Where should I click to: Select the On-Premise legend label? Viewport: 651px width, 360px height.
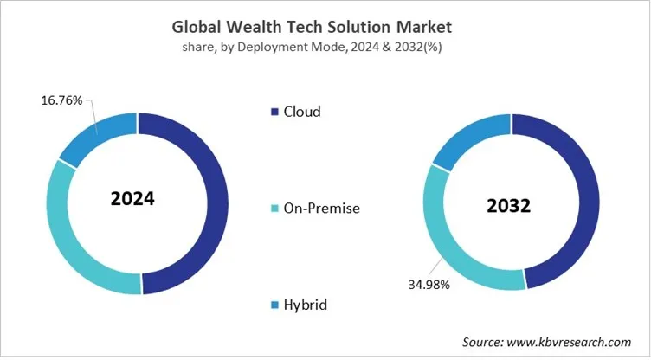pyautogui.click(x=322, y=208)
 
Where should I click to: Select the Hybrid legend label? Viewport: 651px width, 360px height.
pyautogui.click(x=308, y=305)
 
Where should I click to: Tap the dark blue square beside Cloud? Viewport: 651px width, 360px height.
pyautogui.click(x=276, y=112)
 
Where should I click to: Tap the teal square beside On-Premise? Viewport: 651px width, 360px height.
pyautogui.click(x=276, y=209)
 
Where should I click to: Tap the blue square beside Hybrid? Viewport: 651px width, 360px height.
pyautogui.click(x=276, y=305)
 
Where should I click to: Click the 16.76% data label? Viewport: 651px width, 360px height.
pyautogui.click(x=61, y=101)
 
